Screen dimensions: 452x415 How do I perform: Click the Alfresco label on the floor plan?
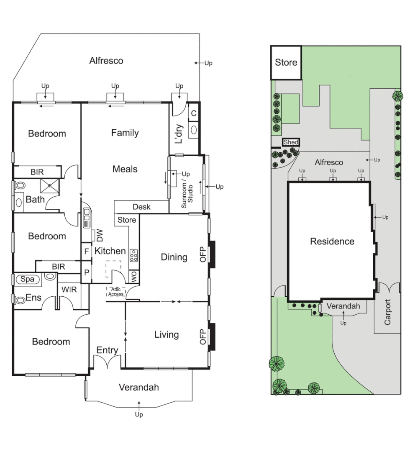[106, 61]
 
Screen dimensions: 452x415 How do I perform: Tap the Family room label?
[125, 133]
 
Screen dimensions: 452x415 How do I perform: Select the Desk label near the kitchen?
[141, 207]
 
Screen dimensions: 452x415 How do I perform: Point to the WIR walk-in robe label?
[69, 290]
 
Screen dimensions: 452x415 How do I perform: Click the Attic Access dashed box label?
[116, 291]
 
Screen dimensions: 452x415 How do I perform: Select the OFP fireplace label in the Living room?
[203, 336]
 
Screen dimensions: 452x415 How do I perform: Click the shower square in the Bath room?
[50, 185]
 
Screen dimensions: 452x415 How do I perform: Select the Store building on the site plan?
[286, 63]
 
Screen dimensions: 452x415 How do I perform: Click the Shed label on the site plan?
[291, 142]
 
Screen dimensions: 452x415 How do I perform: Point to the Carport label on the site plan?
[387, 312]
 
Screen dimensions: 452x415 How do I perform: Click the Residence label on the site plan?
[332, 241]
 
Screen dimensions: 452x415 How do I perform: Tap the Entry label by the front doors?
[107, 350]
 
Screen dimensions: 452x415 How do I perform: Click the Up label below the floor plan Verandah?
[139, 414]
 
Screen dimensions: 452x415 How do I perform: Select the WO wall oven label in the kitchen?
[134, 277]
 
